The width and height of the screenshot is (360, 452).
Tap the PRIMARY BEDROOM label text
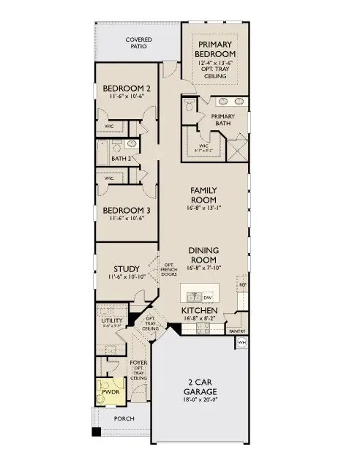[x=217, y=49]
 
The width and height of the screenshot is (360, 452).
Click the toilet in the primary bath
[x=189, y=107]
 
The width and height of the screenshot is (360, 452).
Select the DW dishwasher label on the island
[x=208, y=297]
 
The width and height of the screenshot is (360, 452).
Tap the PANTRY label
[x=237, y=331]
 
